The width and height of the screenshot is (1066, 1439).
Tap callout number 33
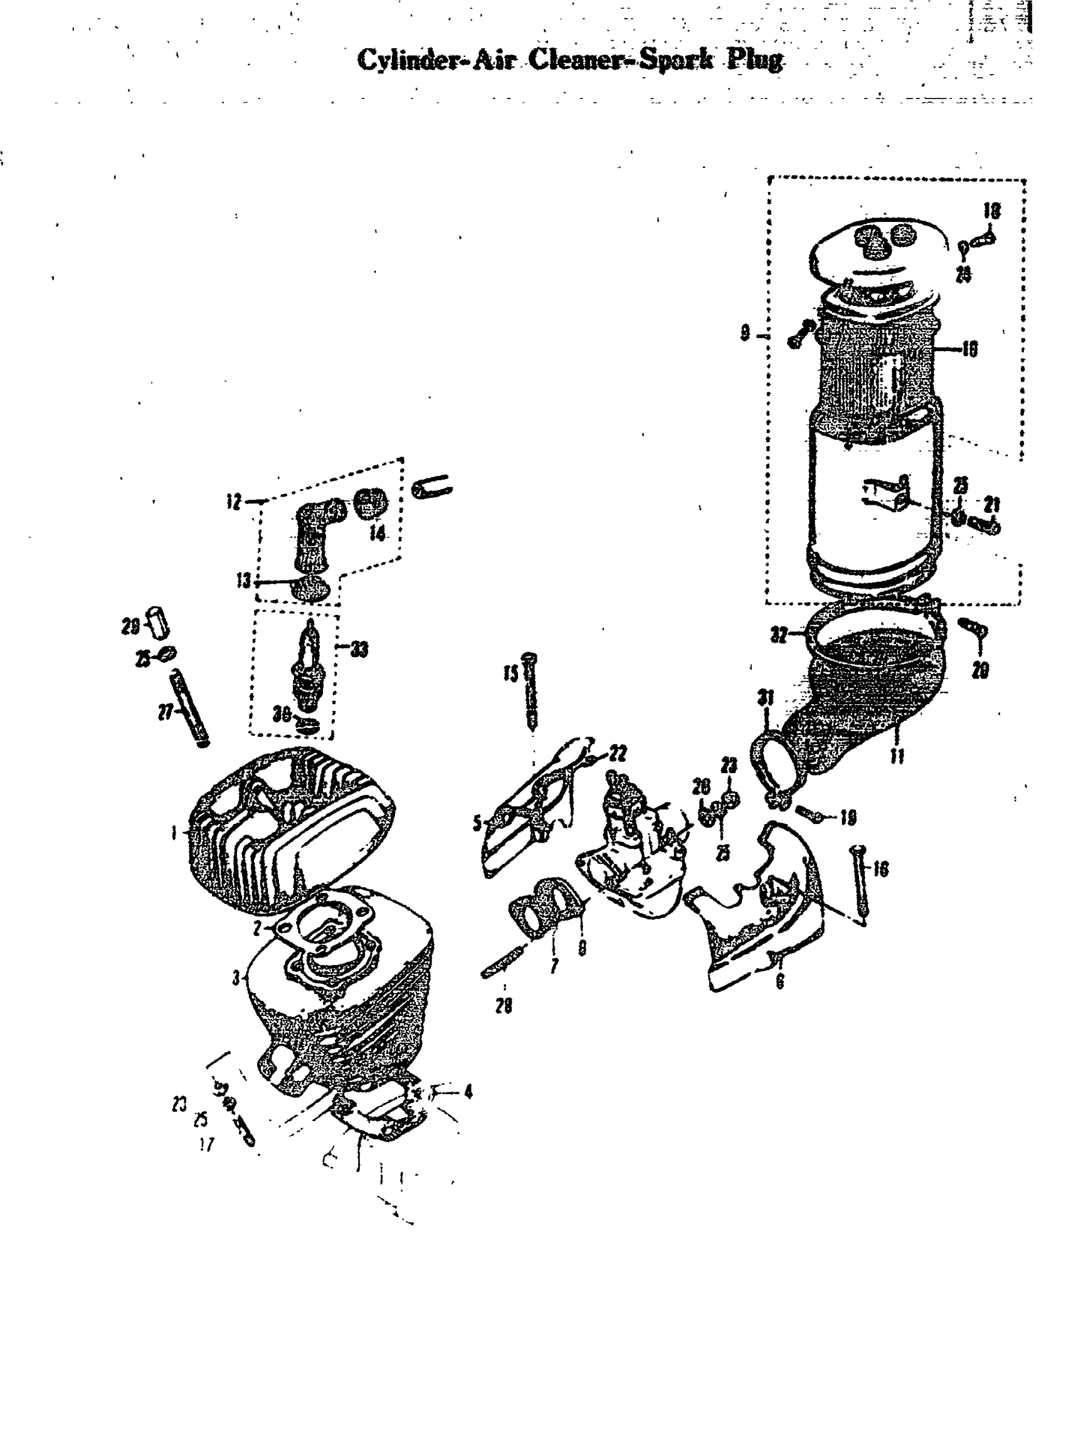[359, 649]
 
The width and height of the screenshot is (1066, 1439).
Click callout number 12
[234, 502]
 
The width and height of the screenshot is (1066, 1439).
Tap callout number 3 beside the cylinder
[236, 978]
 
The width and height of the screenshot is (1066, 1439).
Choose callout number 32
[779, 635]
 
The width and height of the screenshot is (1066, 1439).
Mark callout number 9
[746, 334]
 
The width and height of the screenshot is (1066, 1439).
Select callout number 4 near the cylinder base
[468, 1092]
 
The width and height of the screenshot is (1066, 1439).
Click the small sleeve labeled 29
[158, 621]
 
